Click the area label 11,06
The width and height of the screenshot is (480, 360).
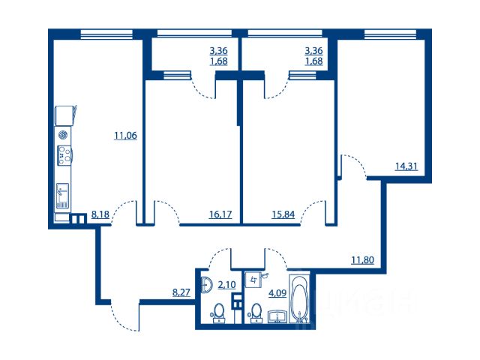[x=125, y=135]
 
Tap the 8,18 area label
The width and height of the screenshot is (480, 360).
[x=100, y=214]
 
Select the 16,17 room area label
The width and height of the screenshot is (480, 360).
[x=220, y=214]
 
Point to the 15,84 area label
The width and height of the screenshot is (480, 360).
[x=283, y=214]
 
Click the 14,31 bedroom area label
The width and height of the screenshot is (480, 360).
[x=406, y=166]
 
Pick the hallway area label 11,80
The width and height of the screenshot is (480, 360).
[x=362, y=260]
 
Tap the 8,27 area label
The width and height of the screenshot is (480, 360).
[x=181, y=292]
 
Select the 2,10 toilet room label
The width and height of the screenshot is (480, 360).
[x=226, y=285]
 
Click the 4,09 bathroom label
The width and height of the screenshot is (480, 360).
[x=277, y=293]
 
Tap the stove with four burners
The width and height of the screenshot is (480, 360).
[x=64, y=155]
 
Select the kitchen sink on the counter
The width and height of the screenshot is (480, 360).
[x=63, y=196]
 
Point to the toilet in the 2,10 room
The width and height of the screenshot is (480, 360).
[x=218, y=313]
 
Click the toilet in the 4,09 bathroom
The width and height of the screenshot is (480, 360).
[x=256, y=313]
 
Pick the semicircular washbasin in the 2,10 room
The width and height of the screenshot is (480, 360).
[x=207, y=285]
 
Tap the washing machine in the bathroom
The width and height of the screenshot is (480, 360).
[x=253, y=280]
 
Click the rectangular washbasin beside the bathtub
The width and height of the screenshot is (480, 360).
[x=278, y=316]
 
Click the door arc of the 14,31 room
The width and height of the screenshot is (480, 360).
[x=354, y=166]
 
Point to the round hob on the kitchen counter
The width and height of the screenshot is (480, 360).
[x=63, y=135]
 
